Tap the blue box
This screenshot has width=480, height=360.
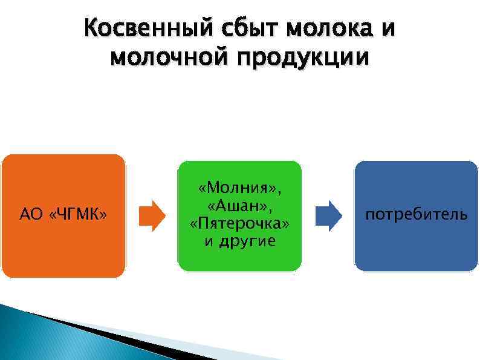[416, 248]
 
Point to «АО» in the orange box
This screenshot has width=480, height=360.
[30, 214]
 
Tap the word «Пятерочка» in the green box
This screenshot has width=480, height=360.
[239, 224]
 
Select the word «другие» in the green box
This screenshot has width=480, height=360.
[248, 241]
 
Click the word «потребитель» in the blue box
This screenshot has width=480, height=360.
[416, 214]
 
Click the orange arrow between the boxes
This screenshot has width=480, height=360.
[152, 215]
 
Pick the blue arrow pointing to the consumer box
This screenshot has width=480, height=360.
[329, 215]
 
